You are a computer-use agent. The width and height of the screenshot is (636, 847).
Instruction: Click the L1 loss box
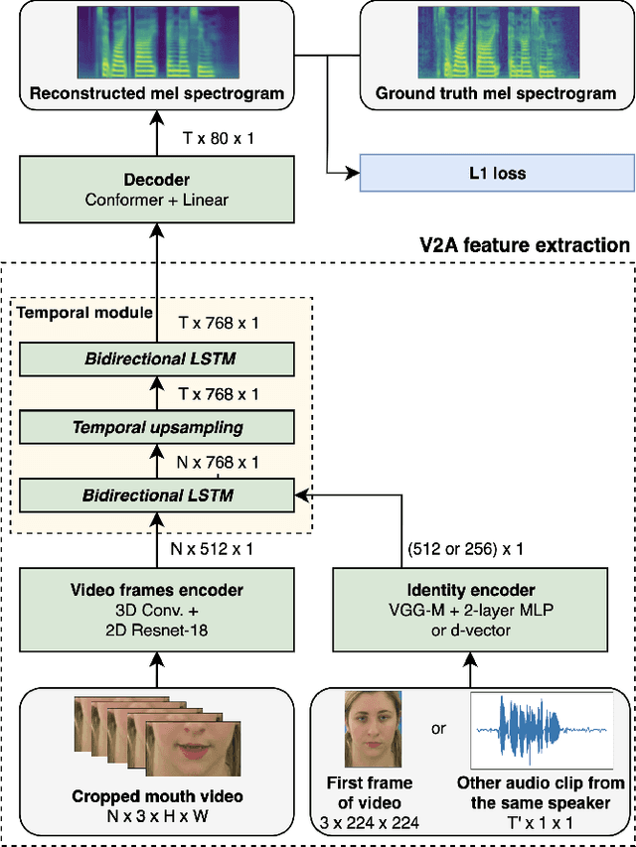[x=497, y=173]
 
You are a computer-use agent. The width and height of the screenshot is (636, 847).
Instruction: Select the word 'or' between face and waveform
[x=438, y=729]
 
